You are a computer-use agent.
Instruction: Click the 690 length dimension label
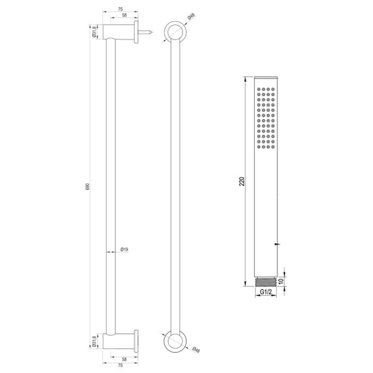(87, 187)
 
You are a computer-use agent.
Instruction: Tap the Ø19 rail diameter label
(124, 249)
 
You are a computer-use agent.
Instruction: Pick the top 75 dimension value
(120, 9)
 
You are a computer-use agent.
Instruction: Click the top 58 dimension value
(125, 16)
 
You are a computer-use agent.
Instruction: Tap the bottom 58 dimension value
(125, 359)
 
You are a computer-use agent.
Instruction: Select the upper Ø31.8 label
(94, 32)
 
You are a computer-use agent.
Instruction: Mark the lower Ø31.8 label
(94, 341)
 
